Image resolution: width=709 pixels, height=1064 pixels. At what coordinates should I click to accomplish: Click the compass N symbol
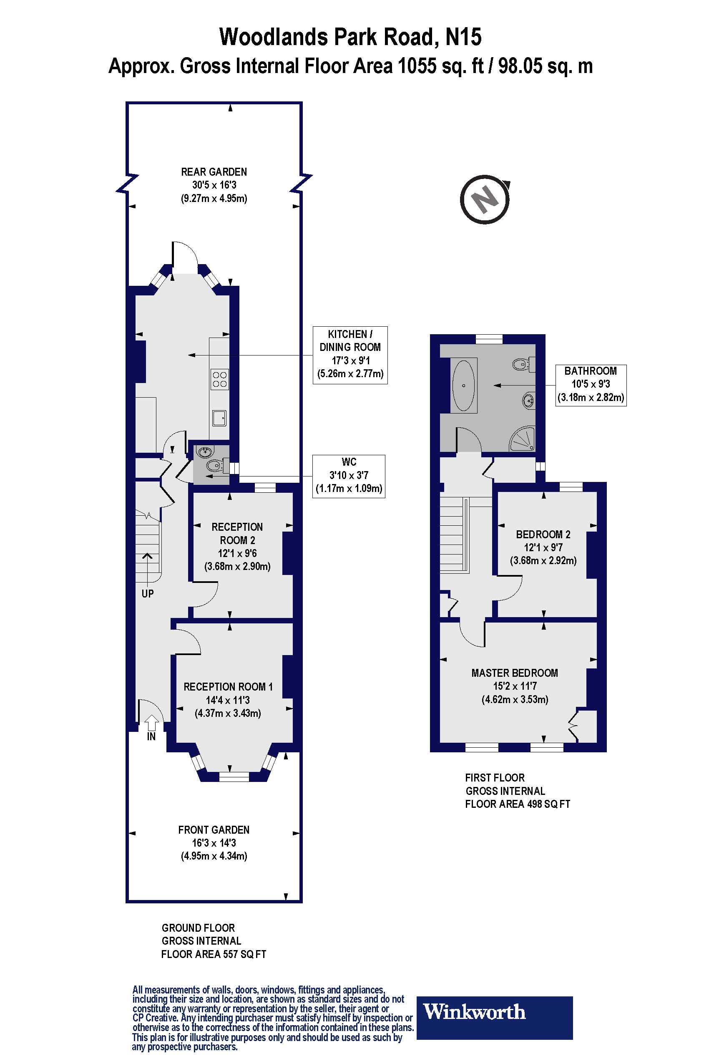[485, 199]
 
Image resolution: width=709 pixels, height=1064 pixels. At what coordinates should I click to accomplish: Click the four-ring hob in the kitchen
[220, 380]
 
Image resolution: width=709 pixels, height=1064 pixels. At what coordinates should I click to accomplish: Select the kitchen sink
[220, 418]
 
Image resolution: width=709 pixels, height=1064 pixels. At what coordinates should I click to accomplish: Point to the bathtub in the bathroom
[463, 385]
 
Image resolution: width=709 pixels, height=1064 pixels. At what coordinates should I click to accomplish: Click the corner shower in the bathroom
[523, 439]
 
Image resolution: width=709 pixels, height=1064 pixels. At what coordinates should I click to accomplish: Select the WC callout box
[349, 476]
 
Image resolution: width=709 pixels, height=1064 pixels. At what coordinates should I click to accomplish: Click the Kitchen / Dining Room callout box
[350, 355]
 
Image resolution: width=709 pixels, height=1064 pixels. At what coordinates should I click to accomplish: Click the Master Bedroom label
[515, 673]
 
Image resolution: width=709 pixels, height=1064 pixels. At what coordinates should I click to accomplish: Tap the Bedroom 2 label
[543, 534]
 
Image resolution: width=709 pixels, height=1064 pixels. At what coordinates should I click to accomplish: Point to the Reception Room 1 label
[228, 687]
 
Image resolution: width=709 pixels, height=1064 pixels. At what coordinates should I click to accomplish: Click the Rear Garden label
[214, 172]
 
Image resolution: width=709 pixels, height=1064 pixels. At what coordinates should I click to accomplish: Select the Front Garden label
[214, 830]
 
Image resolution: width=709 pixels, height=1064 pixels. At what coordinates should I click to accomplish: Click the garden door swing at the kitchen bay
[185, 258]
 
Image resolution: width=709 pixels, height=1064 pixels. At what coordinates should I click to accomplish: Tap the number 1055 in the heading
[417, 66]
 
